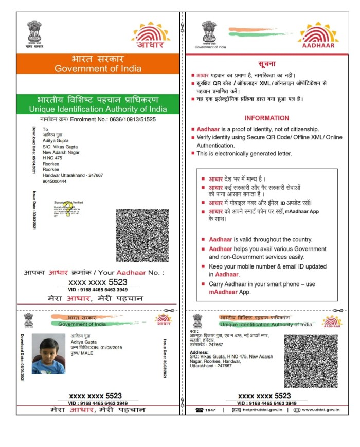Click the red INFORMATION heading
pos(266,118)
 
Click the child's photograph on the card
pos(48,353)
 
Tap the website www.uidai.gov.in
pos(321,410)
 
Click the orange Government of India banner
pos(98,64)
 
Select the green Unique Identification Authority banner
pos(98,104)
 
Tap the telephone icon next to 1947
pos(199,410)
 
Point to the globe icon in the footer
pos(297,410)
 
